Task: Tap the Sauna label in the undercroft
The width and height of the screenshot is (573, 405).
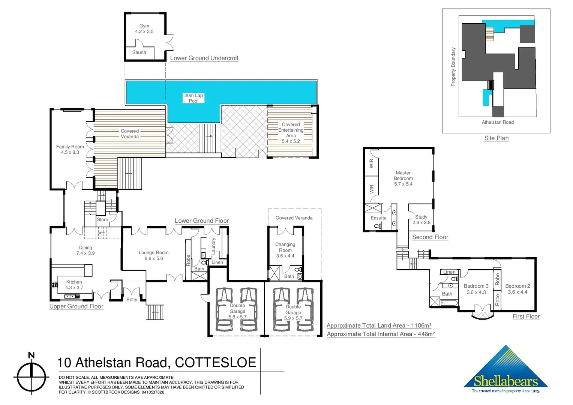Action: tap(139, 52)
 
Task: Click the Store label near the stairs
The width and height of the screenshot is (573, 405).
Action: tap(102, 220)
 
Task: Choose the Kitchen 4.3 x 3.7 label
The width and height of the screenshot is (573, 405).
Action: tap(74, 285)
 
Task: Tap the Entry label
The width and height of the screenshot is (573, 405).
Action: tap(132, 300)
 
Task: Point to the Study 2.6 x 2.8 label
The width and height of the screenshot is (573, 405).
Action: tap(421, 220)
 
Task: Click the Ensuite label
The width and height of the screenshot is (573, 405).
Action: tap(378, 218)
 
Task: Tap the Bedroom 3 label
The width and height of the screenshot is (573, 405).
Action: tap(476, 289)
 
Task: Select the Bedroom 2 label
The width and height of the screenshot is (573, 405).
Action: tap(517, 289)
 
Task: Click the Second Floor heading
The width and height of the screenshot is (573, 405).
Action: tap(430, 237)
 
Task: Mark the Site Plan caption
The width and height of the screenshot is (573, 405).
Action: tap(496, 138)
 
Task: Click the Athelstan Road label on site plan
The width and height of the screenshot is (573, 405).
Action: tap(498, 122)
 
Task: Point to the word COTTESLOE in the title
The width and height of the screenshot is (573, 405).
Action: tap(216, 363)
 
